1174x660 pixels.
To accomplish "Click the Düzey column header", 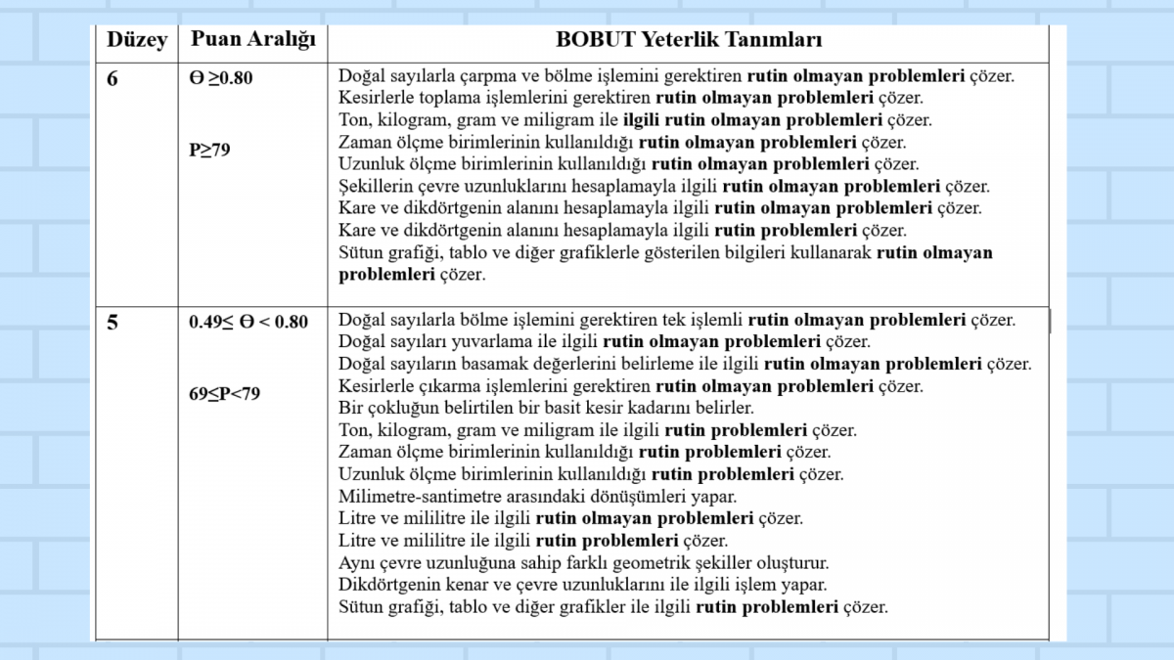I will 137,40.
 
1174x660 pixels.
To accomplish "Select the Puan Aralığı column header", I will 252,40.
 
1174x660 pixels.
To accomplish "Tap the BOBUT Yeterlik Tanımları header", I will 689,40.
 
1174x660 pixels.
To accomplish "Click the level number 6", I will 113,78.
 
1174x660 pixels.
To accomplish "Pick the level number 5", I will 113,322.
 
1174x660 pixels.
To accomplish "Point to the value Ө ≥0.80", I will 221,78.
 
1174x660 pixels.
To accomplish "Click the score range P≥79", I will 209,151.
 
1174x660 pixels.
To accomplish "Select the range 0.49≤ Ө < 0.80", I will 248,322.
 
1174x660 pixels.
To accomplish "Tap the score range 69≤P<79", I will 225,394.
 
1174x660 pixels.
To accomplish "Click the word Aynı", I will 356,563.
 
